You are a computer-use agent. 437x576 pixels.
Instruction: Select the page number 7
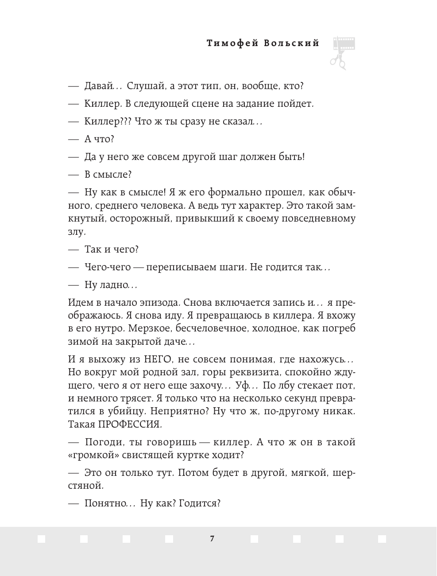point(212,539)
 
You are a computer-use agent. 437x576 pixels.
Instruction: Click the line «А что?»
point(99,139)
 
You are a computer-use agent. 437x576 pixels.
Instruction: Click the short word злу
point(76,231)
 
